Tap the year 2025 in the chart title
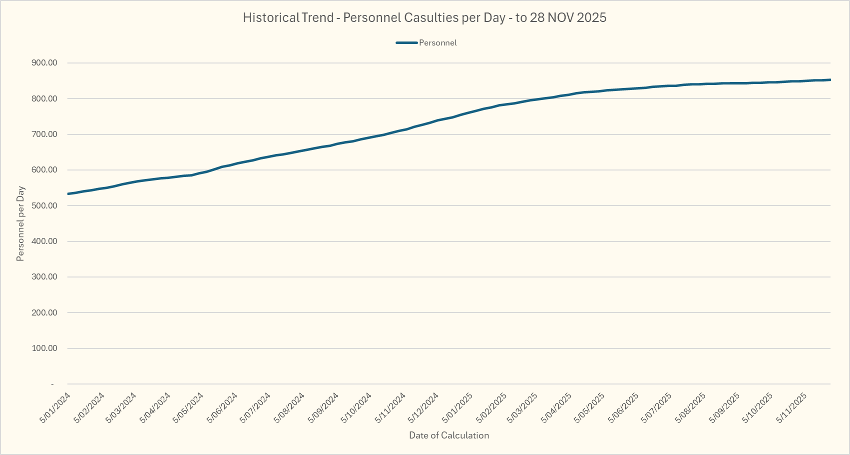pyautogui.click(x=591, y=18)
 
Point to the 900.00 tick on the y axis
pyautogui.click(x=44, y=63)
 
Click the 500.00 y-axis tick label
pyautogui.click(x=44, y=205)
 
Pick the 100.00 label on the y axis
pyautogui.click(x=44, y=348)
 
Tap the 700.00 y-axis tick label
pyautogui.click(x=44, y=134)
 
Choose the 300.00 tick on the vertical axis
pyautogui.click(x=44, y=277)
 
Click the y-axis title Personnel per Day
pyautogui.click(x=20, y=223)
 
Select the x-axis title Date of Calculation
pyautogui.click(x=449, y=435)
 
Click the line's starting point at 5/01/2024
pyautogui.click(x=68, y=193)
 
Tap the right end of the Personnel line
pyautogui.click(x=830, y=79)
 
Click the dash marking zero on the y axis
pyautogui.click(x=52, y=384)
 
